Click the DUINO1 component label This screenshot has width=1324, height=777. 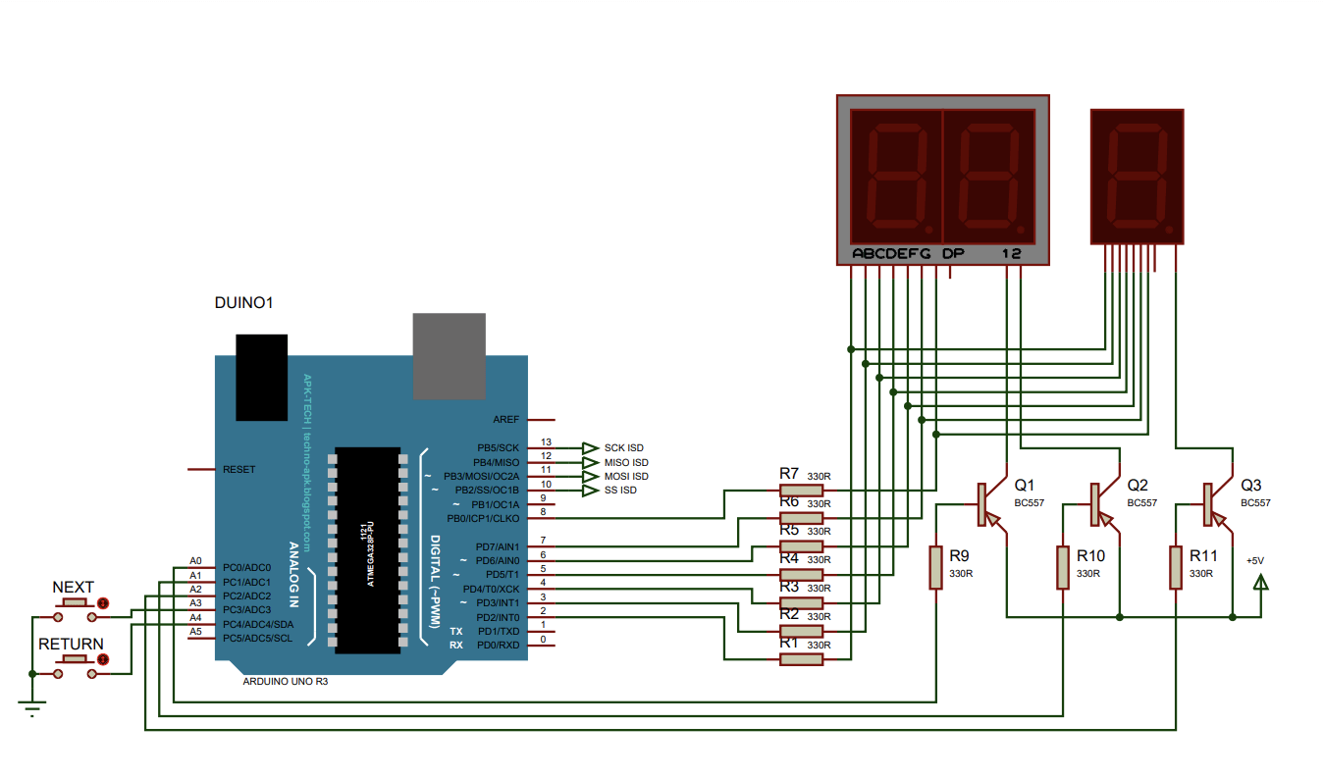[243, 303]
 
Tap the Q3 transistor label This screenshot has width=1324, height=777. [1250, 485]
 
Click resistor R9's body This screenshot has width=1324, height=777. [936, 568]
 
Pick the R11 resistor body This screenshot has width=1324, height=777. [1176, 568]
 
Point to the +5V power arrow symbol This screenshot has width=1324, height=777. [1261, 583]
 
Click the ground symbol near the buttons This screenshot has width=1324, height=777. [33, 708]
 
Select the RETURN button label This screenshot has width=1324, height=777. [71, 644]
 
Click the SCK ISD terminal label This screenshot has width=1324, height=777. [623, 447]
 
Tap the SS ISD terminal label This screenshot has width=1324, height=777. [620, 490]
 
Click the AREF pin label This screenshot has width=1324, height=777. [506, 419]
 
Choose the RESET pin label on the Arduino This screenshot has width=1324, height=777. [238, 469]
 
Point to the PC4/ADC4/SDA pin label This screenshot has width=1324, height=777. [258, 624]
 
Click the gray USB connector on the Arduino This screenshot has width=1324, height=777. [449, 355]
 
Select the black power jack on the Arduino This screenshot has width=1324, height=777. [261, 377]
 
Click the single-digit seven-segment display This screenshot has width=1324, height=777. [1138, 177]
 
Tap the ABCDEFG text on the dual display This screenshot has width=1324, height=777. [891, 254]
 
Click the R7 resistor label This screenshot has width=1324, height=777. [789, 473]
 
